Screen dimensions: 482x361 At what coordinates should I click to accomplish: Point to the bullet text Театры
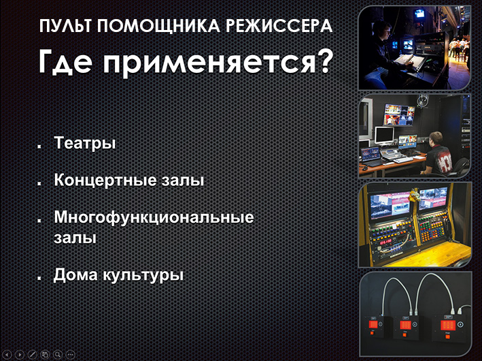[85, 143]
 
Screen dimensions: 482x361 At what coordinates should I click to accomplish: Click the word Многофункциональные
[154, 218]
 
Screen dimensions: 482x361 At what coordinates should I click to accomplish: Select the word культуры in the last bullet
[143, 275]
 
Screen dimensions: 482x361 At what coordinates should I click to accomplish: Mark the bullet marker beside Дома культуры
[39, 277]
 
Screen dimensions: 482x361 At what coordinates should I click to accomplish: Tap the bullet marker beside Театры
[39, 146]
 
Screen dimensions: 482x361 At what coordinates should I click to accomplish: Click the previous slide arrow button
[7, 355]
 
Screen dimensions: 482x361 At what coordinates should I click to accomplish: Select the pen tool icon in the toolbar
[32, 355]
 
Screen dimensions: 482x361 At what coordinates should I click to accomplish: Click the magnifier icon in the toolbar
[58, 355]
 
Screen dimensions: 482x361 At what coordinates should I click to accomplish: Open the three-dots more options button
[71, 355]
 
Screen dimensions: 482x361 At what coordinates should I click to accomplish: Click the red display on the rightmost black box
[448, 325]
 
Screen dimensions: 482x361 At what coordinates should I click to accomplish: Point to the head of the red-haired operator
[436, 138]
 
